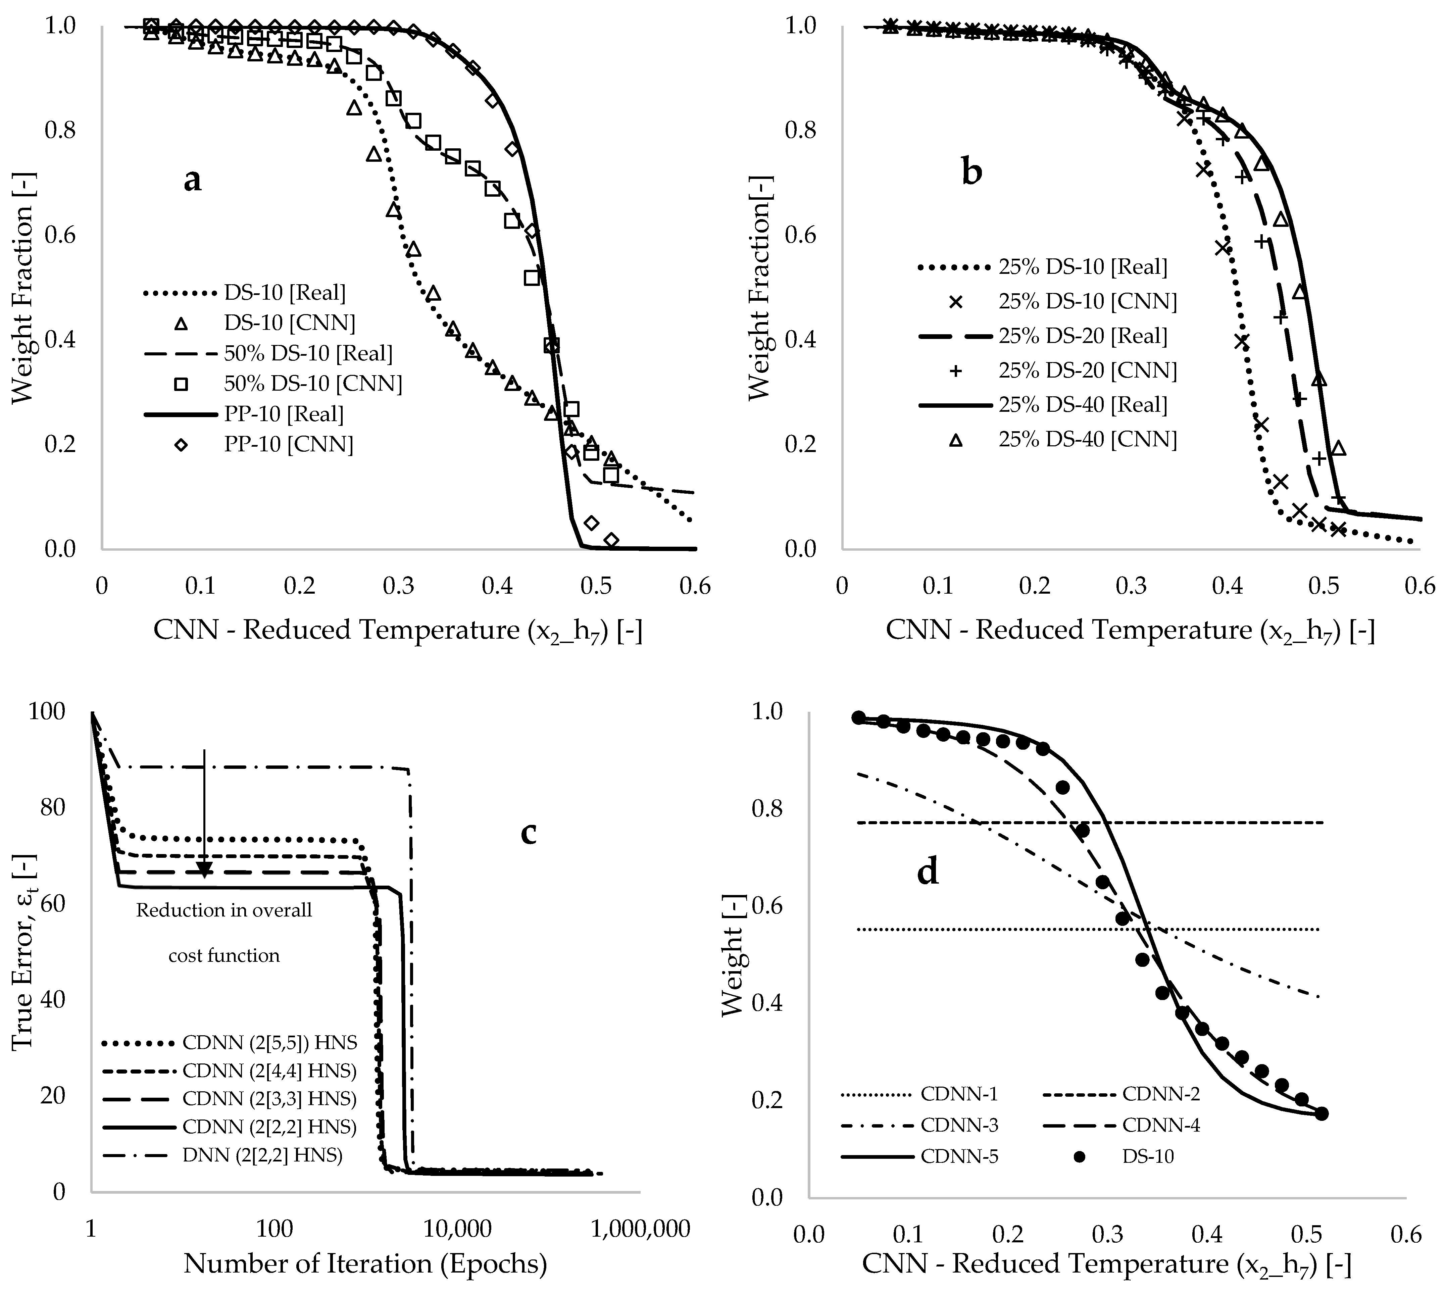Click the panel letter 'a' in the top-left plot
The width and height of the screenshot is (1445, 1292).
coord(192,180)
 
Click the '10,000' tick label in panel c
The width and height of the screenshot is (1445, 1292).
coord(457,1229)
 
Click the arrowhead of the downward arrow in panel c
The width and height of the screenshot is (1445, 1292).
coord(204,870)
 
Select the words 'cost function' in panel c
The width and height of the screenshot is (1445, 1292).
coord(224,955)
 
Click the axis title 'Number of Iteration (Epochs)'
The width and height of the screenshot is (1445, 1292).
coord(365,1263)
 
